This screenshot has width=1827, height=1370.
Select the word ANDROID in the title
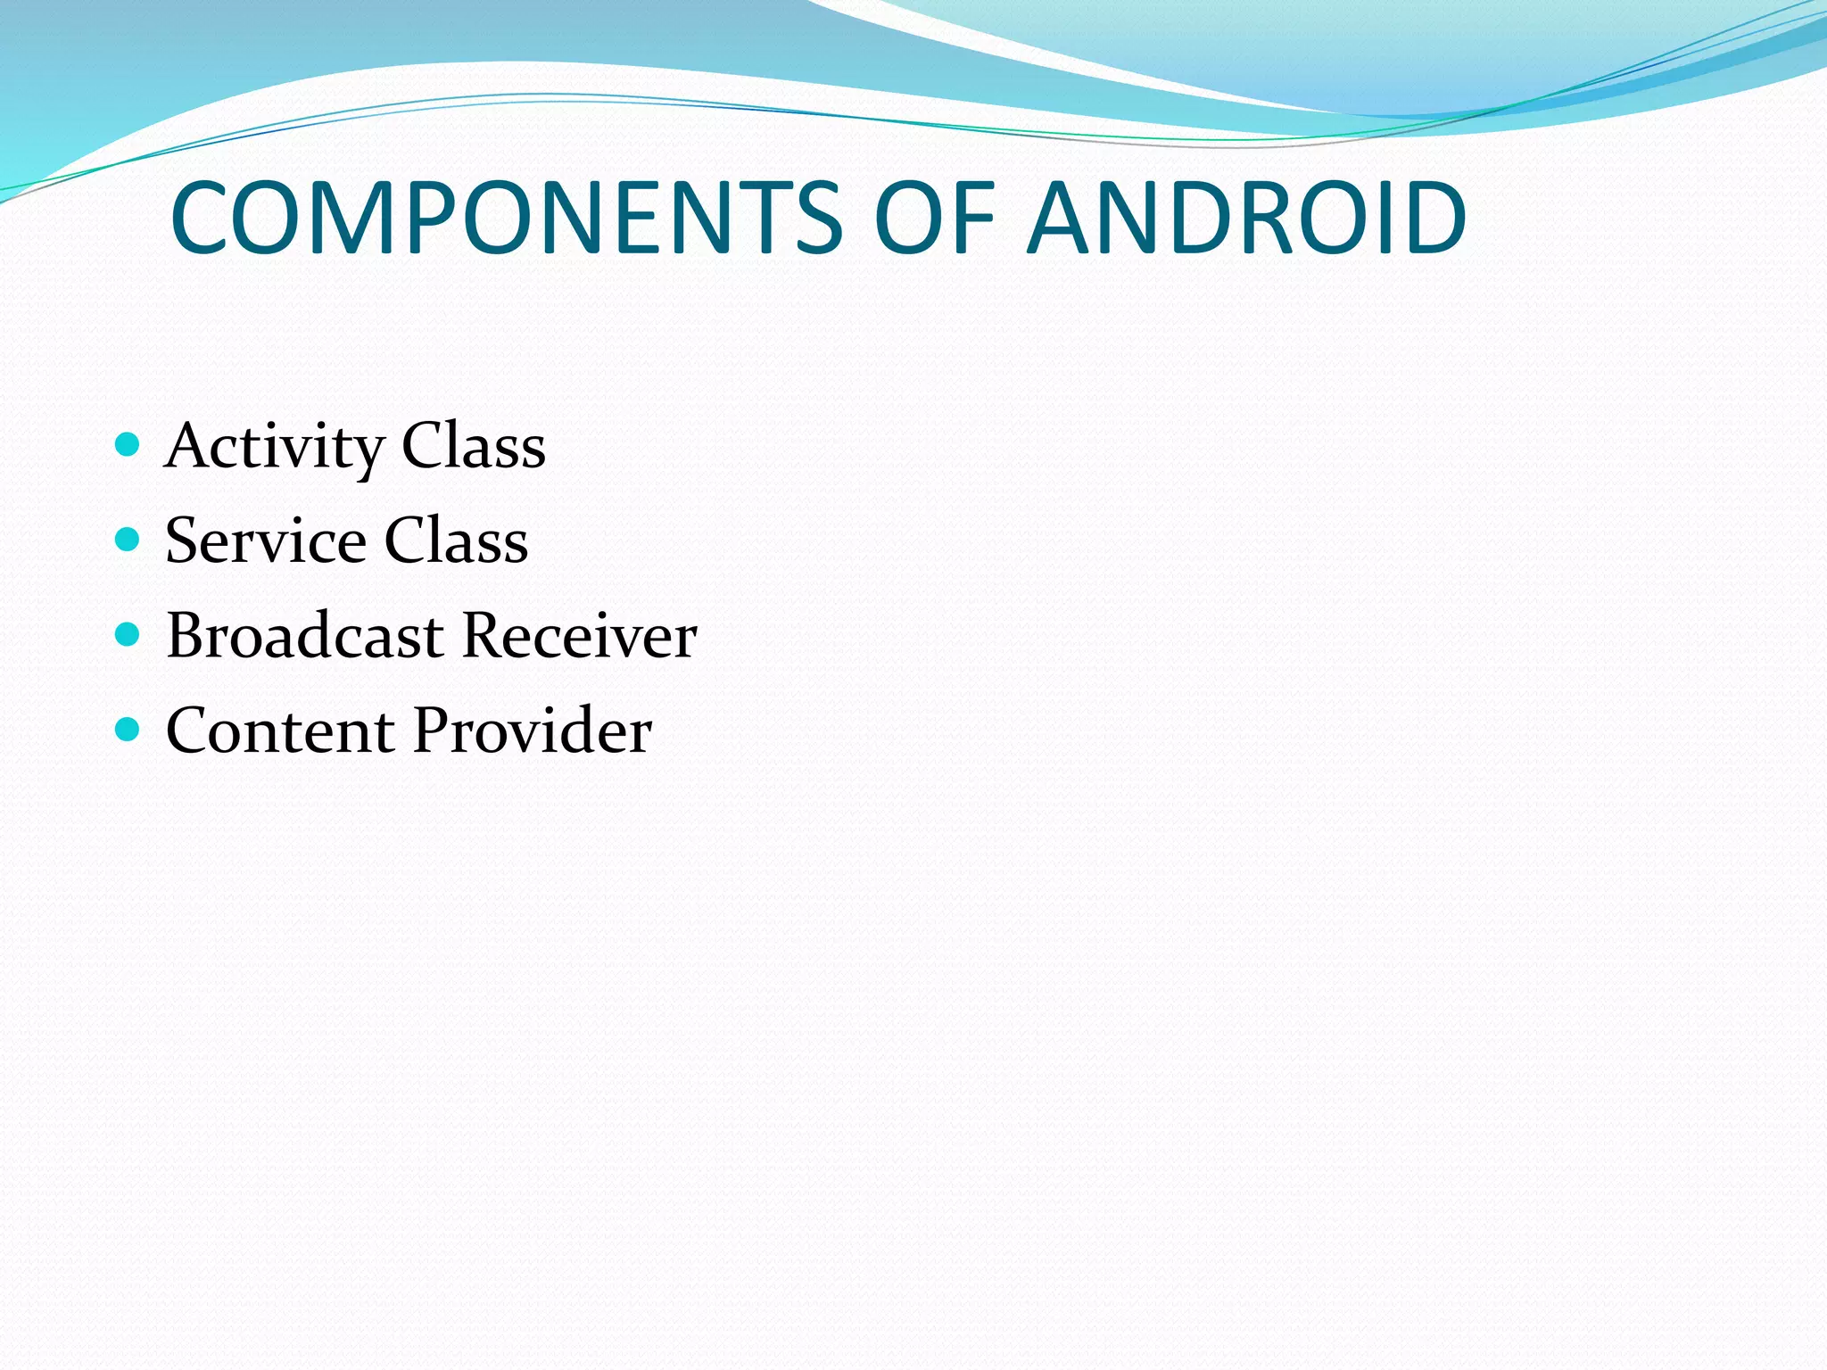point(1246,219)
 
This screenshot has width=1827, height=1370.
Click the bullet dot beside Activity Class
point(128,444)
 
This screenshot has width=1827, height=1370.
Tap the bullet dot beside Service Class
point(128,539)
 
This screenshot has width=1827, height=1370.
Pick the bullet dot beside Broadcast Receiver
point(128,634)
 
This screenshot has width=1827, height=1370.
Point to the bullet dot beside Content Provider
point(128,730)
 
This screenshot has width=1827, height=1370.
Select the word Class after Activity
point(474,446)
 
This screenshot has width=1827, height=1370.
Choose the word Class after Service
point(456,541)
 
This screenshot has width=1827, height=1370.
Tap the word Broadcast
point(305,636)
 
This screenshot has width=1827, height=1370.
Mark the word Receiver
point(580,636)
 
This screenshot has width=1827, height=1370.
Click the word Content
point(281,731)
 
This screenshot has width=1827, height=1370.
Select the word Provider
point(533,731)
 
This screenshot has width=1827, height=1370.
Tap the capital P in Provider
point(432,731)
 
